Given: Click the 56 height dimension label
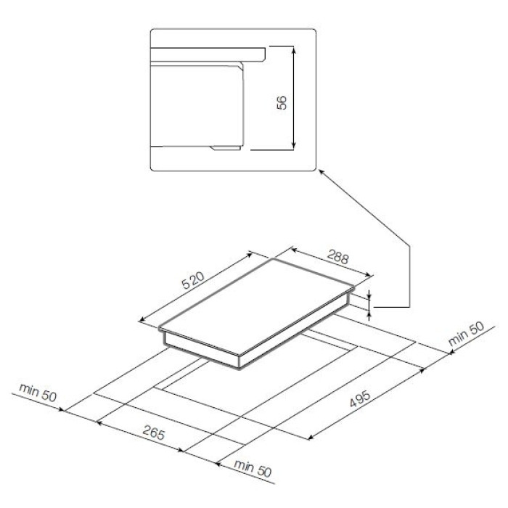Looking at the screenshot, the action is [x=282, y=102].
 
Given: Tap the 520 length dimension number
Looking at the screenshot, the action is [x=193, y=281].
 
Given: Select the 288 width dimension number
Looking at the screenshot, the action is [x=338, y=257].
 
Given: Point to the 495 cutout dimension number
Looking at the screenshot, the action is [x=360, y=399].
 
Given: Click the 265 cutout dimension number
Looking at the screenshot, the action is [x=154, y=433].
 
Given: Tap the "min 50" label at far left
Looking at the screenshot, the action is [x=38, y=392].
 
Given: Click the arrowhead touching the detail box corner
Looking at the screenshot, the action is [x=321, y=171].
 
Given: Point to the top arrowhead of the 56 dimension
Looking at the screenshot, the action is [x=293, y=49].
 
